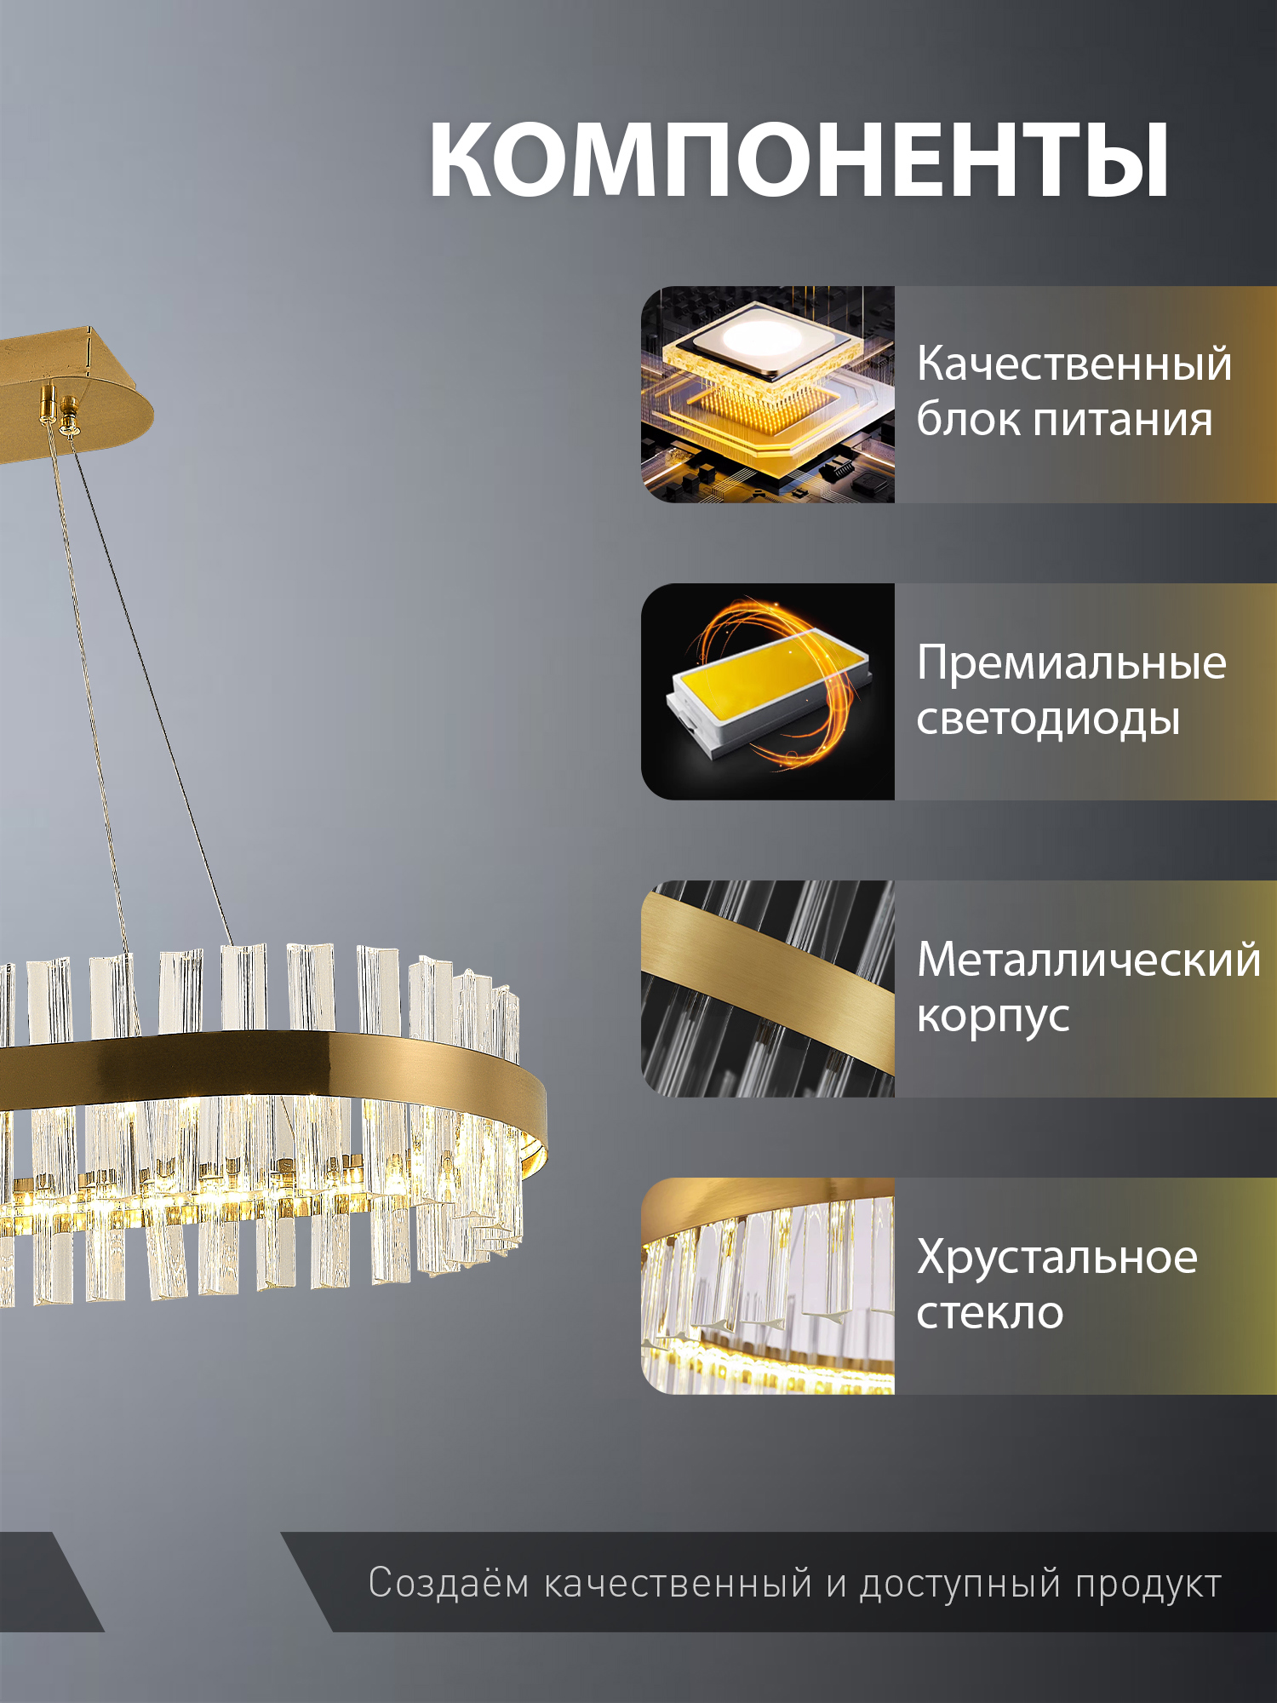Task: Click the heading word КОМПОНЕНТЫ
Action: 799,160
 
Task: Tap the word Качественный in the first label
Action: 1074,364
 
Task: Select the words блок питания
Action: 1064,420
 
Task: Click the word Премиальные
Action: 1071,662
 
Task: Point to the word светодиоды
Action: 1048,720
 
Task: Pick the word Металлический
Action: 1088,960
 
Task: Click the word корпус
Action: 993,1017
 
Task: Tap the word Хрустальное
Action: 1057,1257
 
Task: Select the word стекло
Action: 990,1313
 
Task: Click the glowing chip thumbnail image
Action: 767,394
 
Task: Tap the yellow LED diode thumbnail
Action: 767,691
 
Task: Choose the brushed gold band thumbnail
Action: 767,989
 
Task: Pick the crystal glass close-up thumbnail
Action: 767,1286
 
